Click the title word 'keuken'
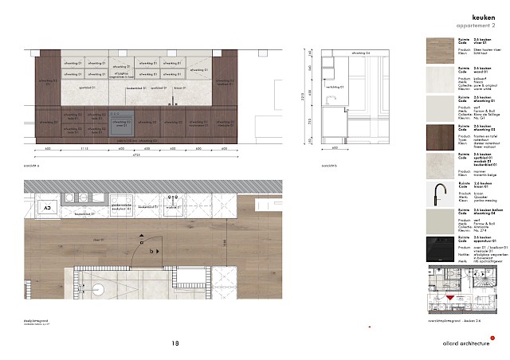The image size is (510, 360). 484,16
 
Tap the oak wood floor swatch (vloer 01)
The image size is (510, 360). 439,49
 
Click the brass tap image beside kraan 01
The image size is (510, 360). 439,196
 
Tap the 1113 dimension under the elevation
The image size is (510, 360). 84,149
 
